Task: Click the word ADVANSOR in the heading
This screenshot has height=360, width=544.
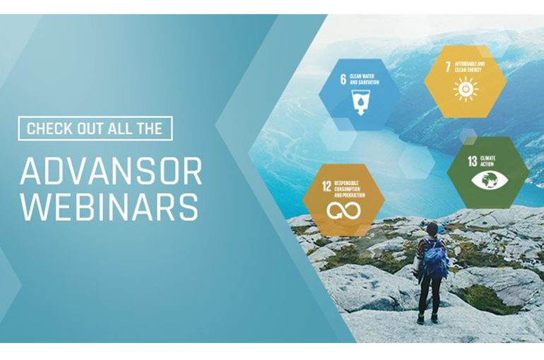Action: click(x=111, y=171)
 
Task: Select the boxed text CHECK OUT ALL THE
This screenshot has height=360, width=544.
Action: click(x=95, y=128)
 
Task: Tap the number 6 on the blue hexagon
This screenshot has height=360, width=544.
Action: click(x=343, y=79)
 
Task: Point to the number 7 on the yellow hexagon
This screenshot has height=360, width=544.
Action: click(x=448, y=68)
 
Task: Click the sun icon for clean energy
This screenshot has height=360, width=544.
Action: click(x=466, y=90)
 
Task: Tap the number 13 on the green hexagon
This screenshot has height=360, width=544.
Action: click(x=472, y=161)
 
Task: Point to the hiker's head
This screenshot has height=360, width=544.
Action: click(x=432, y=229)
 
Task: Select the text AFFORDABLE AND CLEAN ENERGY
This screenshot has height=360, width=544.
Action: click(x=470, y=67)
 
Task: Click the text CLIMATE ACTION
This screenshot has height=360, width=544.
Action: click(x=489, y=161)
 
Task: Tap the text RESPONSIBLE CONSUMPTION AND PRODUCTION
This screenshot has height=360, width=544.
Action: click(x=351, y=189)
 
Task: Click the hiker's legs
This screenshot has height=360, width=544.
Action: click(x=429, y=296)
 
